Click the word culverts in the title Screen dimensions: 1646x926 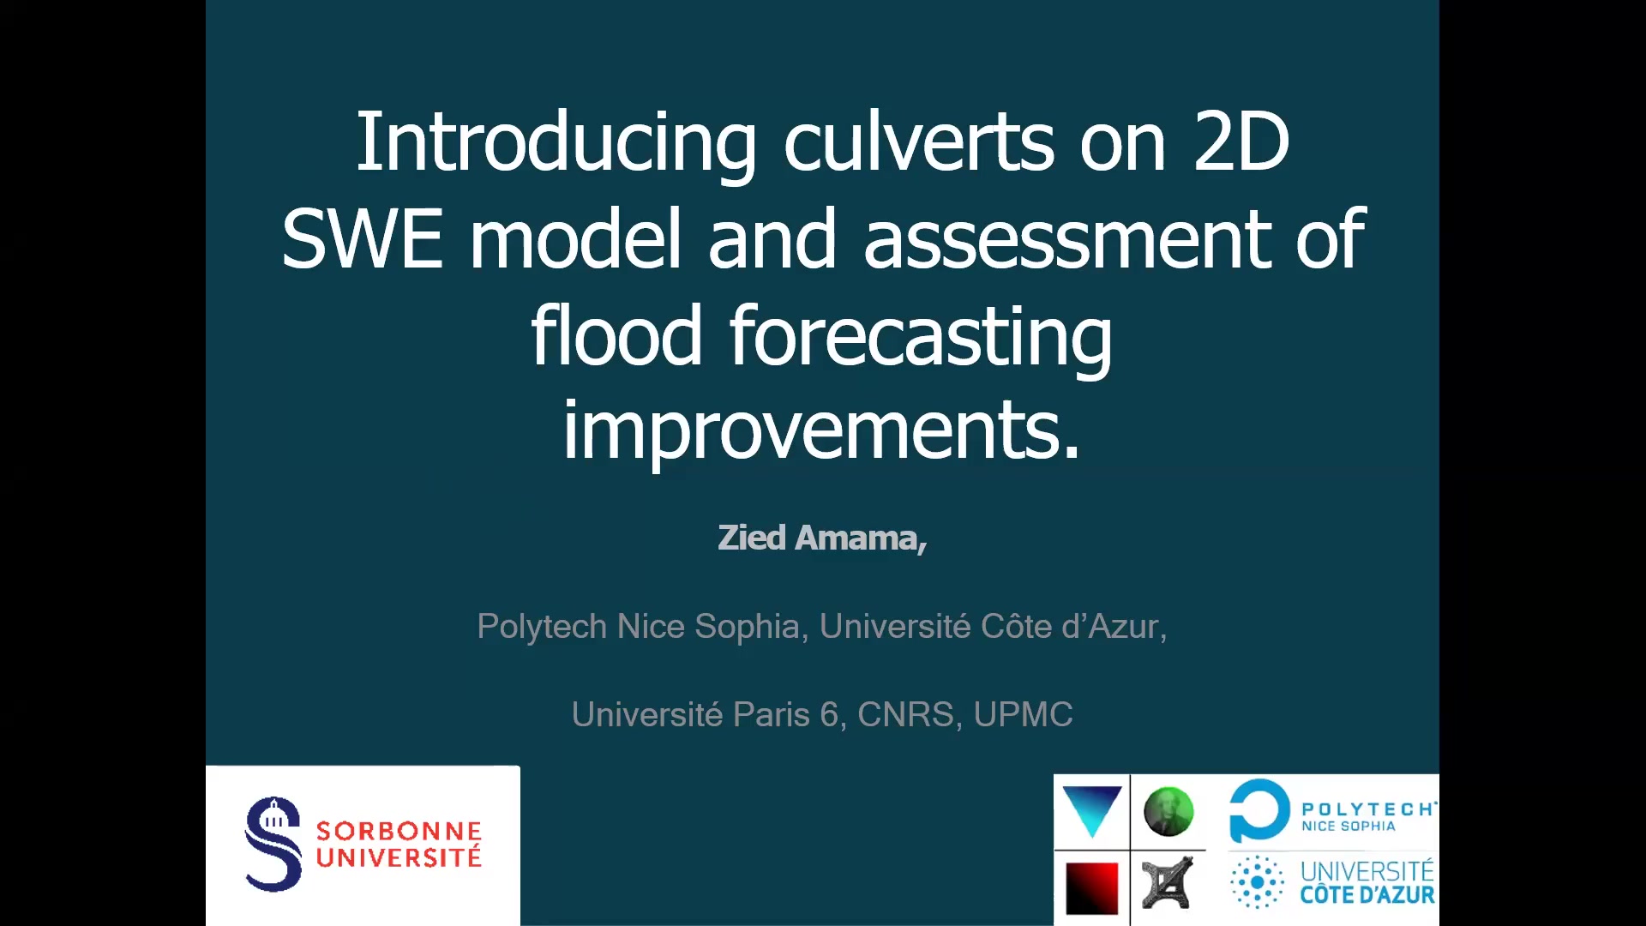click(x=918, y=141)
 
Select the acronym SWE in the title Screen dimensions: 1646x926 click(x=363, y=238)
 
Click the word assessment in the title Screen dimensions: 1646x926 click(x=1066, y=239)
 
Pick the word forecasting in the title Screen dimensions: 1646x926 click(x=921, y=340)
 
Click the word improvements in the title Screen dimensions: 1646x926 click(x=820, y=433)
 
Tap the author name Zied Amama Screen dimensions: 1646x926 click(x=821, y=538)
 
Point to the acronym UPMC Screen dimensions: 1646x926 click(x=1023, y=714)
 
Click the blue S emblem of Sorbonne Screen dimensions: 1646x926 click(x=273, y=844)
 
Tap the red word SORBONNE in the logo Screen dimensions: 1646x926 click(x=399, y=831)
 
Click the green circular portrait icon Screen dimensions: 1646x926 click(x=1168, y=811)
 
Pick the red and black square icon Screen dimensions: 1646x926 click(x=1091, y=888)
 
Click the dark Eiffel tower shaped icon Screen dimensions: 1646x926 click(x=1168, y=882)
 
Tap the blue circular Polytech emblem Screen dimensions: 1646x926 click(x=1259, y=810)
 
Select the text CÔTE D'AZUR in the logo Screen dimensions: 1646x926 click(x=1367, y=895)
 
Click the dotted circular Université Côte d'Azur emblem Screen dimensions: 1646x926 click(x=1258, y=882)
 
